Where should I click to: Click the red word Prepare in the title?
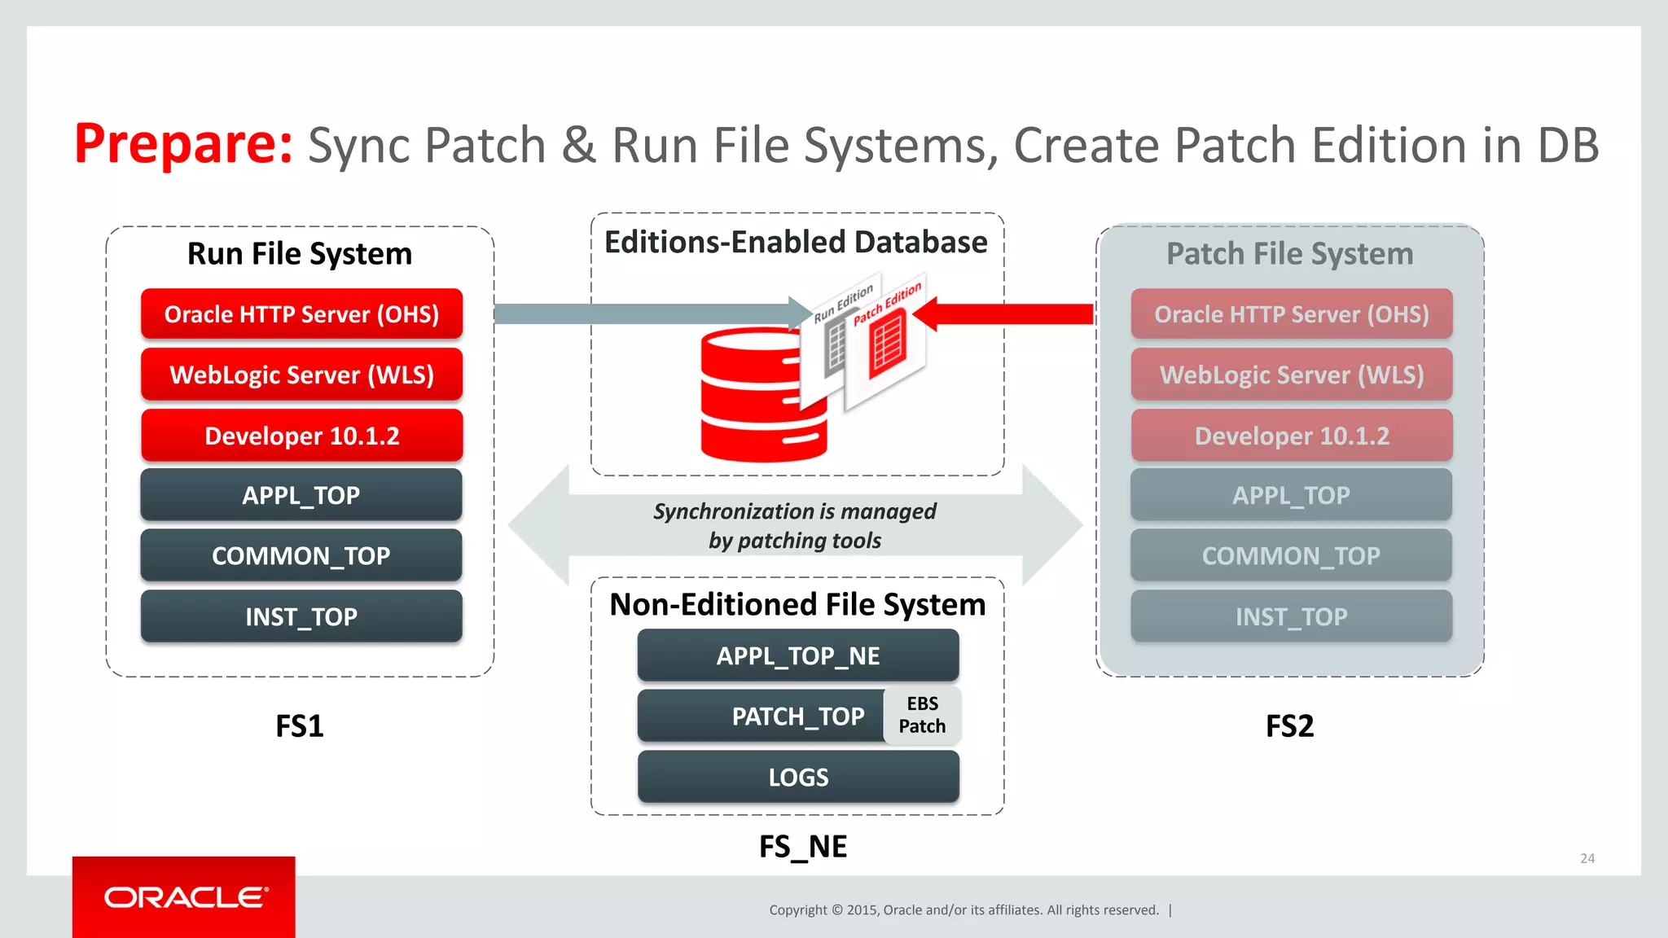[x=182, y=144]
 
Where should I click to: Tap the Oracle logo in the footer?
[x=185, y=897]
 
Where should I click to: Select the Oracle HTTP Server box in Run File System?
[x=301, y=314]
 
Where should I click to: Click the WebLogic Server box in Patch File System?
[x=1291, y=375]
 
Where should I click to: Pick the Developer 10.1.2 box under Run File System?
[x=301, y=436]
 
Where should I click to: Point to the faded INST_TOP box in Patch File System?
[x=1291, y=616]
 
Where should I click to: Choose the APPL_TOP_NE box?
[x=797, y=655]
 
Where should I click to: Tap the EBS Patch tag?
[x=922, y=715]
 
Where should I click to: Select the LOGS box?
[x=797, y=777]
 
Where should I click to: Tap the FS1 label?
[x=299, y=725]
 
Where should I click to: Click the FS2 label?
[x=1289, y=725]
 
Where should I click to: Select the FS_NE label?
[x=802, y=847]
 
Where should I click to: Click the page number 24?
[x=1587, y=858]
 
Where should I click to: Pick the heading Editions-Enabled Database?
[x=796, y=243]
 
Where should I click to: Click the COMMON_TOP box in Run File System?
[x=301, y=555]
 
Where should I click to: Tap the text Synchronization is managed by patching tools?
[x=794, y=526]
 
